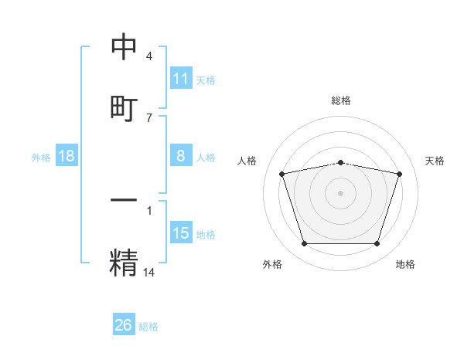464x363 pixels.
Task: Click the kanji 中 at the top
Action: click(x=124, y=48)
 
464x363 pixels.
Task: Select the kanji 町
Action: click(x=124, y=107)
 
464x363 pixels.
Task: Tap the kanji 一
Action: click(x=124, y=200)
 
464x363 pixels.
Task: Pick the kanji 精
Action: click(x=124, y=261)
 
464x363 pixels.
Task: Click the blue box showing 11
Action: click(x=181, y=79)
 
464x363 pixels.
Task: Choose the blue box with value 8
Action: click(x=181, y=156)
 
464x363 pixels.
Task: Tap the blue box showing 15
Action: click(x=181, y=233)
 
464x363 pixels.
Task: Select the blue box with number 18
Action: click(x=67, y=156)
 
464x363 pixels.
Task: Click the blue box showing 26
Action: click(x=124, y=325)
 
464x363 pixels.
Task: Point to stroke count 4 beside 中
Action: click(x=149, y=57)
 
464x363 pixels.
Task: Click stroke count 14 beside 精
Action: click(x=149, y=272)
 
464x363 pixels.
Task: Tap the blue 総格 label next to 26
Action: click(x=149, y=327)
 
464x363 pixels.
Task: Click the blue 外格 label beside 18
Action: click(x=41, y=158)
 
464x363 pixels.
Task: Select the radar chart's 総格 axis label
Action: click(x=341, y=100)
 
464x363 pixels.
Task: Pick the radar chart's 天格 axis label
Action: click(x=435, y=161)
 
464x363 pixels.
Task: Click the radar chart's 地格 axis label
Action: click(x=405, y=264)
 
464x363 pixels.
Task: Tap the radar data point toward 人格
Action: click(x=282, y=174)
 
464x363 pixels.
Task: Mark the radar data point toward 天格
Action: click(x=400, y=174)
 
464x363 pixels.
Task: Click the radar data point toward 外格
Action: click(x=305, y=244)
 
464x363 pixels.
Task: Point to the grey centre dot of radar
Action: click(x=341, y=192)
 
